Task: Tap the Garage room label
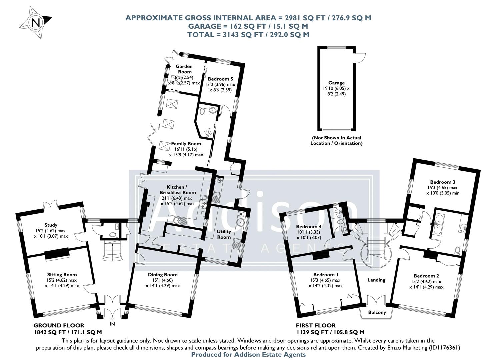[336, 83]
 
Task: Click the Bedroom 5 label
[220, 79]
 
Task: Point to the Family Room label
[186, 144]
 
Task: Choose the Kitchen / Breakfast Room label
[178, 190]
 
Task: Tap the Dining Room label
[163, 275]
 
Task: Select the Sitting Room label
[62, 275]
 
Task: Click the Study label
[51, 225]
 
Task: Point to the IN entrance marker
[112, 324]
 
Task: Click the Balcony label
[377, 312]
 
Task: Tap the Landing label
[376, 280]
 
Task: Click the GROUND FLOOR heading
[59, 325]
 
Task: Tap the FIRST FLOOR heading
[316, 325]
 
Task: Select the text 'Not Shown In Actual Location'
[336, 140]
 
